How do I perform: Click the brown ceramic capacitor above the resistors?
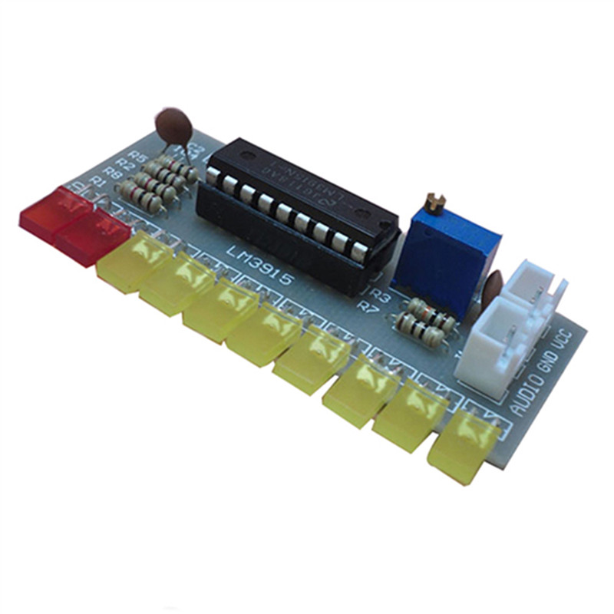[x=174, y=124]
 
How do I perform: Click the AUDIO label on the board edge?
[x=529, y=391]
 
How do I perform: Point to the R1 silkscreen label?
[x=97, y=180]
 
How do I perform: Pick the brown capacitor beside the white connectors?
[x=493, y=286]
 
